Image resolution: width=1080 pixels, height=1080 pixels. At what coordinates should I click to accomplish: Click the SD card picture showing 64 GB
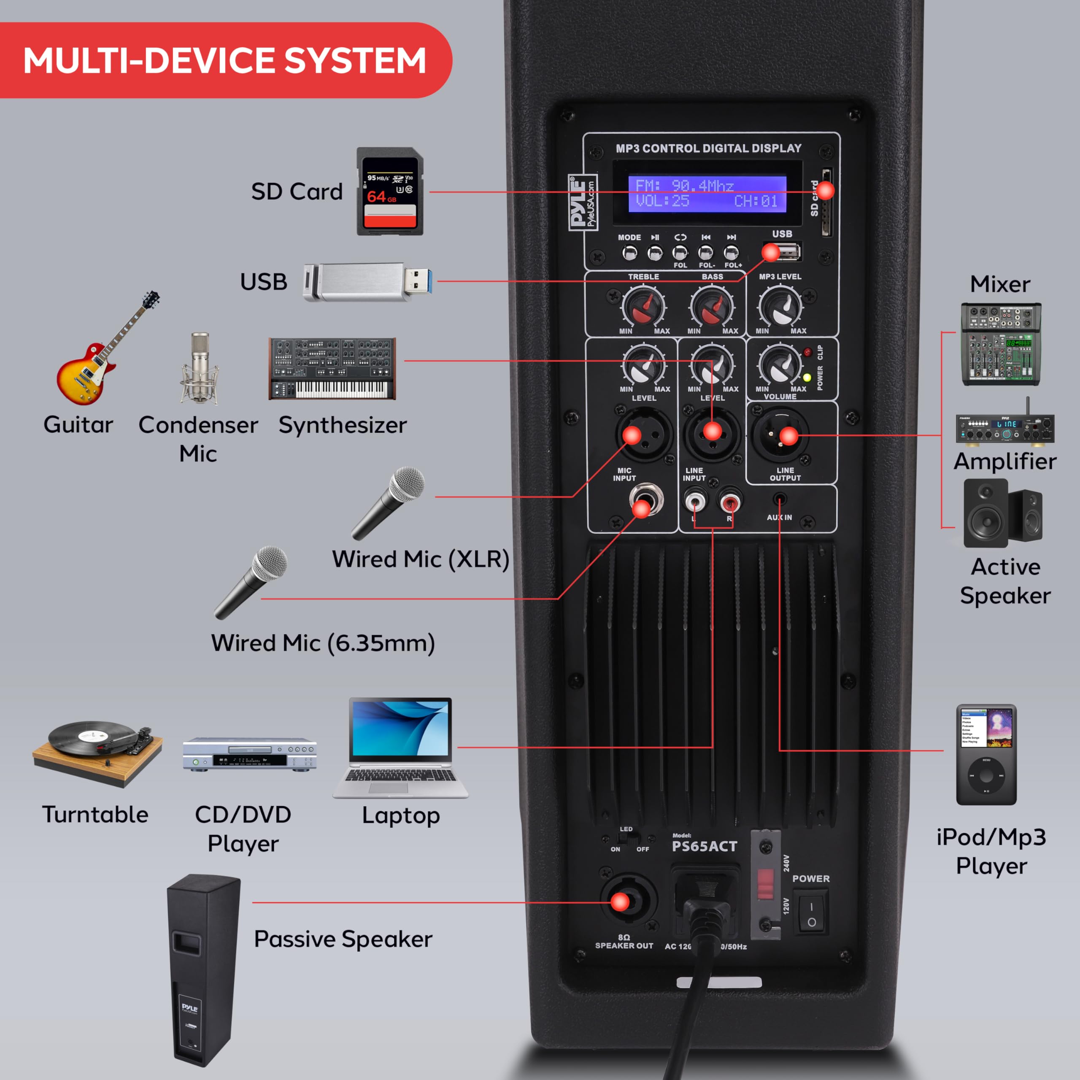(390, 191)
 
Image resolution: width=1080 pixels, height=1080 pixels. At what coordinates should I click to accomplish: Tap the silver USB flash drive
(366, 282)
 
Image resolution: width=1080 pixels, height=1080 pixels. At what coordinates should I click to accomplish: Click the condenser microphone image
(200, 369)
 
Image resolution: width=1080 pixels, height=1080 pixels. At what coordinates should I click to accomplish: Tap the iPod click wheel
(986, 775)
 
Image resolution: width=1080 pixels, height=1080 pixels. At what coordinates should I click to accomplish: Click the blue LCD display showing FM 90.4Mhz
(707, 193)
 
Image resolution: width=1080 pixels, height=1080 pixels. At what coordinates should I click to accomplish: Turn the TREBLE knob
(643, 307)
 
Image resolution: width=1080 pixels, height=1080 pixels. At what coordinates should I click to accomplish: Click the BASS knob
(712, 307)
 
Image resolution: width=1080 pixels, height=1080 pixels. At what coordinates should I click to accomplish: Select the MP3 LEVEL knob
(780, 307)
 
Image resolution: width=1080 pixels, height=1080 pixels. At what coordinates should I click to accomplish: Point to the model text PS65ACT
(705, 846)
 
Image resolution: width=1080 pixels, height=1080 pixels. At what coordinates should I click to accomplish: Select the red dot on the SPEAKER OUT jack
(619, 902)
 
